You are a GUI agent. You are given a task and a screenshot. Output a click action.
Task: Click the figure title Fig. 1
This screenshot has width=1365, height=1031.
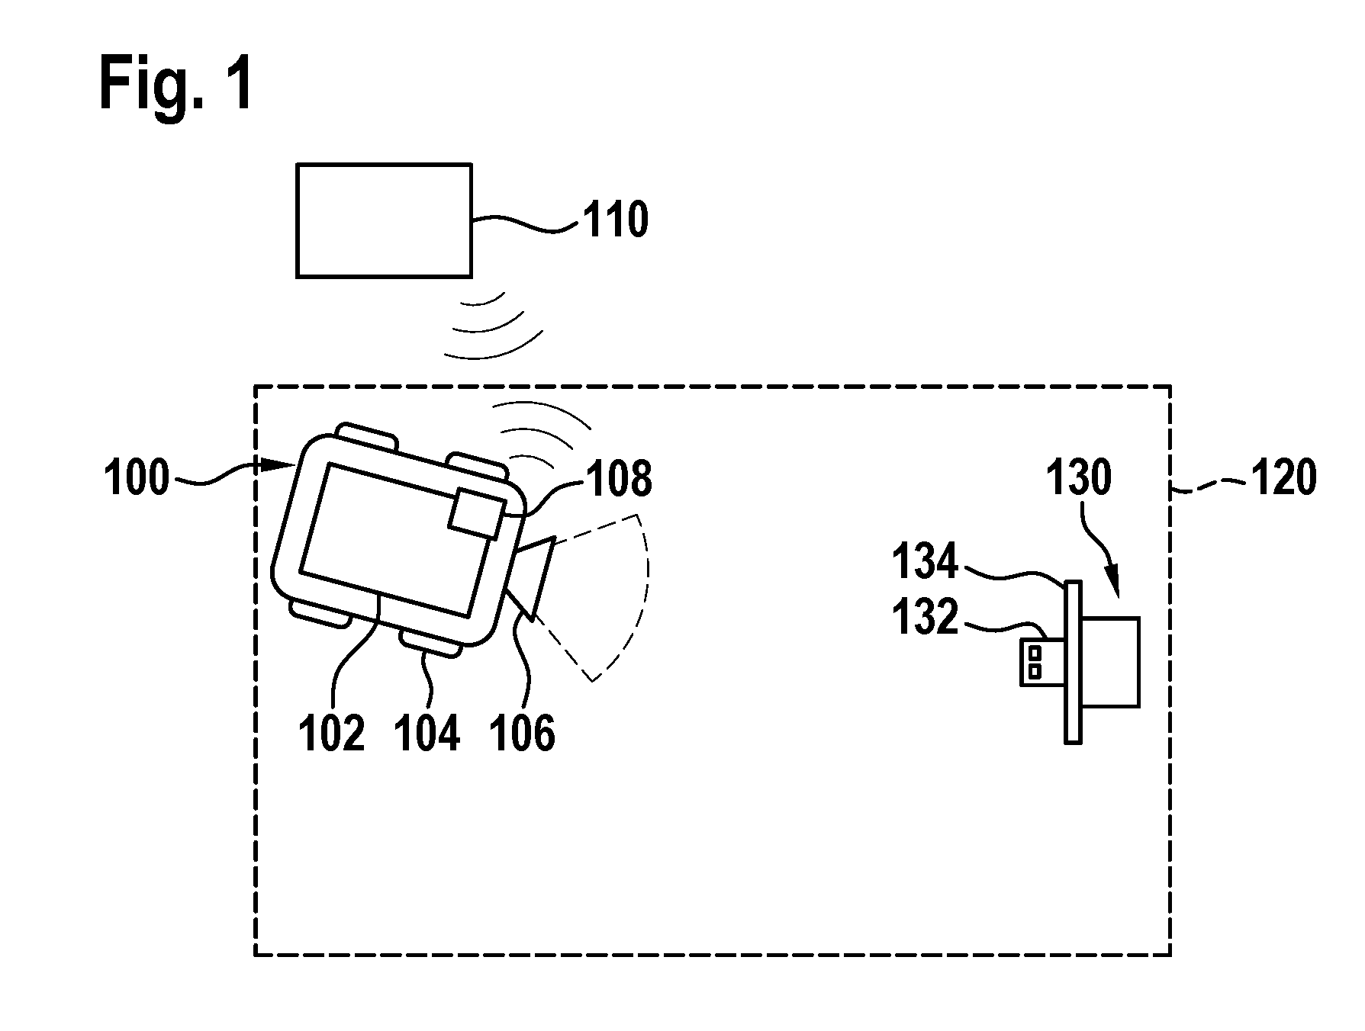point(175,86)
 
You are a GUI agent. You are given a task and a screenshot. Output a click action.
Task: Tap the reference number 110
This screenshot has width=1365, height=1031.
point(616,220)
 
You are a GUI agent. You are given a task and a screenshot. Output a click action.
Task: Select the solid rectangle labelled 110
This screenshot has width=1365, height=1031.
point(384,220)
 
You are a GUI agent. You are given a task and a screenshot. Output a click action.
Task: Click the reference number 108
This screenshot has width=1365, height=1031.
point(619,480)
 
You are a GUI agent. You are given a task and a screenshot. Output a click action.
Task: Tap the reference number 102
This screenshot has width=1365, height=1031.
point(331,734)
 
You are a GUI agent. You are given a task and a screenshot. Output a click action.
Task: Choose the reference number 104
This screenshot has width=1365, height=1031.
point(427,734)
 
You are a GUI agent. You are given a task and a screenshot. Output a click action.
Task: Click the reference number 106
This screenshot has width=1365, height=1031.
point(523,734)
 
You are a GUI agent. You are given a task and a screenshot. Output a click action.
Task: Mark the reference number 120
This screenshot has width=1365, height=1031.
point(1283,479)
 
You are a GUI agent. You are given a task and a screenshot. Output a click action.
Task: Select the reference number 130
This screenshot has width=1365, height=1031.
point(1078,479)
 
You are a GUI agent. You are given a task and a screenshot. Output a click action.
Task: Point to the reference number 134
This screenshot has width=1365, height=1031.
point(925,562)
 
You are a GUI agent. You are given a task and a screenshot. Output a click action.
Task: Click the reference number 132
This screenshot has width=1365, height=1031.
point(925,617)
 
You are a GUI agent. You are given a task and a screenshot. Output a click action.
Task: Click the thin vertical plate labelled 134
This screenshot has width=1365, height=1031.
point(1073,662)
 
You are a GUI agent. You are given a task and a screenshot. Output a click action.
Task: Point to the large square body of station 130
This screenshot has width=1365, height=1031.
point(1111,662)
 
